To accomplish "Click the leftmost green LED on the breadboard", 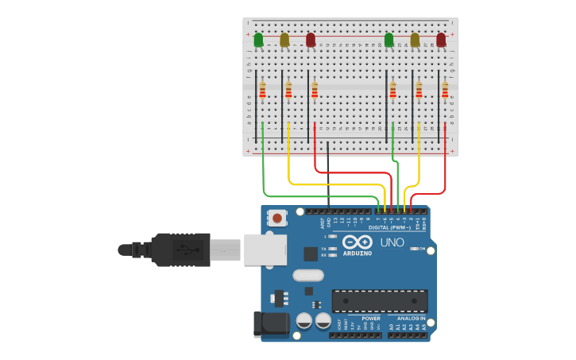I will pyautogui.click(x=258, y=39).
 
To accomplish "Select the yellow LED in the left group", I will pyautogui.click(x=284, y=39).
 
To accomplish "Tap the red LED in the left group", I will pyautogui.click(x=311, y=39).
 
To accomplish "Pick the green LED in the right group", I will pyautogui.click(x=389, y=39).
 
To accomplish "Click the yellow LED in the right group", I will pyautogui.click(x=415, y=39).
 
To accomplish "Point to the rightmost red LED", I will pyautogui.click(x=441, y=39).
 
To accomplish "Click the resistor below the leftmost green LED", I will pyautogui.click(x=262, y=90).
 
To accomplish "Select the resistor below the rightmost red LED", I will pyautogui.click(x=445, y=90).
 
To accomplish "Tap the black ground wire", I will pyautogui.click(x=328, y=175).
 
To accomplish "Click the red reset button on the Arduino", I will pyautogui.click(x=277, y=217).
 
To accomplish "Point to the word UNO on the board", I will pyautogui.click(x=392, y=242).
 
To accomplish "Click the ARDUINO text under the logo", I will pyautogui.click(x=357, y=254).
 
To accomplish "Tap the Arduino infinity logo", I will pyautogui.click(x=358, y=242).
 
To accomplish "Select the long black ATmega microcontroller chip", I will pyautogui.click(x=380, y=300).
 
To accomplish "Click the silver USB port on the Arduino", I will pyautogui.click(x=265, y=250).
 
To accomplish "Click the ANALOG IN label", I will pyautogui.click(x=412, y=318).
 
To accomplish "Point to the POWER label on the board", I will pyautogui.click(x=371, y=318).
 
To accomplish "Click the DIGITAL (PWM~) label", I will pyautogui.click(x=390, y=227).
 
